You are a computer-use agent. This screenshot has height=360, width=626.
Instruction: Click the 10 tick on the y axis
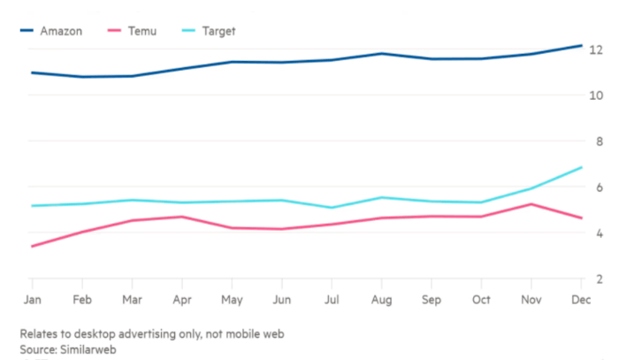(597, 96)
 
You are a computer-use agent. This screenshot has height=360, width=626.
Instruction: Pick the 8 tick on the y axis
(600, 142)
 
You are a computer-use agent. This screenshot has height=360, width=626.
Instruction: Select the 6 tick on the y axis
(600, 188)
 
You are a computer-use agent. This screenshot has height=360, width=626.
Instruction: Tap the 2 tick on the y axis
(600, 280)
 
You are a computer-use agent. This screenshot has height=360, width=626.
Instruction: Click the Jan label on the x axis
(32, 301)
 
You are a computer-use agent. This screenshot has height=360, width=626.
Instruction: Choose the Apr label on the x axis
(182, 301)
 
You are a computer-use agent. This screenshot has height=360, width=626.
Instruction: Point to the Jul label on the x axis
(332, 301)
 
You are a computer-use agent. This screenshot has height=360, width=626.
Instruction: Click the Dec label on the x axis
(580, 301)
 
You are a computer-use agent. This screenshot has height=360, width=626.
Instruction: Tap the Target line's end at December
(581, 167)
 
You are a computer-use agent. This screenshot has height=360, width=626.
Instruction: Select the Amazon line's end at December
(581, 45)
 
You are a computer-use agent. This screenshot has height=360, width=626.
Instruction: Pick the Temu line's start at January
(32, 246)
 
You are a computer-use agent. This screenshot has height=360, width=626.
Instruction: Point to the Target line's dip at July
(332, 208)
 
